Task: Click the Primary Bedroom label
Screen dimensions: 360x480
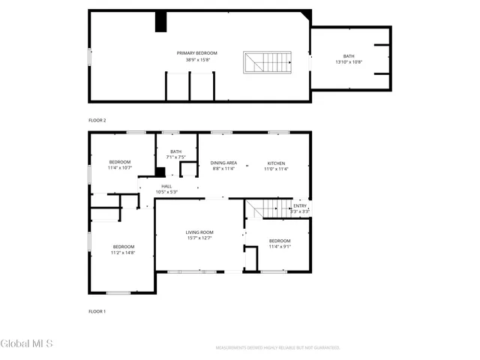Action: pyautogui.click(x=197, y=53)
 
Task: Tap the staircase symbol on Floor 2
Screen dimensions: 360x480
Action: pyautogui.click(x=266, y=62)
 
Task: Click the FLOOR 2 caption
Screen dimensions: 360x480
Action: pyautogui.click(x=97, y=120)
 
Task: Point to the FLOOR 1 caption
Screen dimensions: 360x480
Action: pyautogui.click(x=97, y=310)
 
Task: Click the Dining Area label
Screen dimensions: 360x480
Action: pyautogui.click(x=223, y=163)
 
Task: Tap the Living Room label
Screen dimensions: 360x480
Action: pyautogui.click(x=199, y=232)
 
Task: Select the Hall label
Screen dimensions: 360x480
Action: pyautogui.click(x=166, y=186)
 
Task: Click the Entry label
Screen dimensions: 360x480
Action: pyautogui.click(x=300, y=205)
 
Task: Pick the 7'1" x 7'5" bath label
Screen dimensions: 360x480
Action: pyautogui.click(x=175, y=151)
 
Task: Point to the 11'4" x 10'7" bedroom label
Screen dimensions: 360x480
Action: pyautogui.click(x=120, y=163)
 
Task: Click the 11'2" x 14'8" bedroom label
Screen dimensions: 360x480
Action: pyautogui.click(x=124, y=247)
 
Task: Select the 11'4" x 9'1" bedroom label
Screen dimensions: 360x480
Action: pyautogui.click(x=280, y=241)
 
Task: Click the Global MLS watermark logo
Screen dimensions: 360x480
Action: pyautogui.click(x=27, y=343)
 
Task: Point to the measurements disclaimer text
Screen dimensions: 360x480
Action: pyautogui.click(x=277, y=348)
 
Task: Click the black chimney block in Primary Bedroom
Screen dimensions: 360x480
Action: pyautogui.click(x=160, y=22)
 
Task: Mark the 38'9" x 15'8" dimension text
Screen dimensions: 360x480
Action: pyautogui.click(x=197, y=59)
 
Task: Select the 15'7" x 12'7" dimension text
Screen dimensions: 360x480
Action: pyautogui.click(x=199, y=238)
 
